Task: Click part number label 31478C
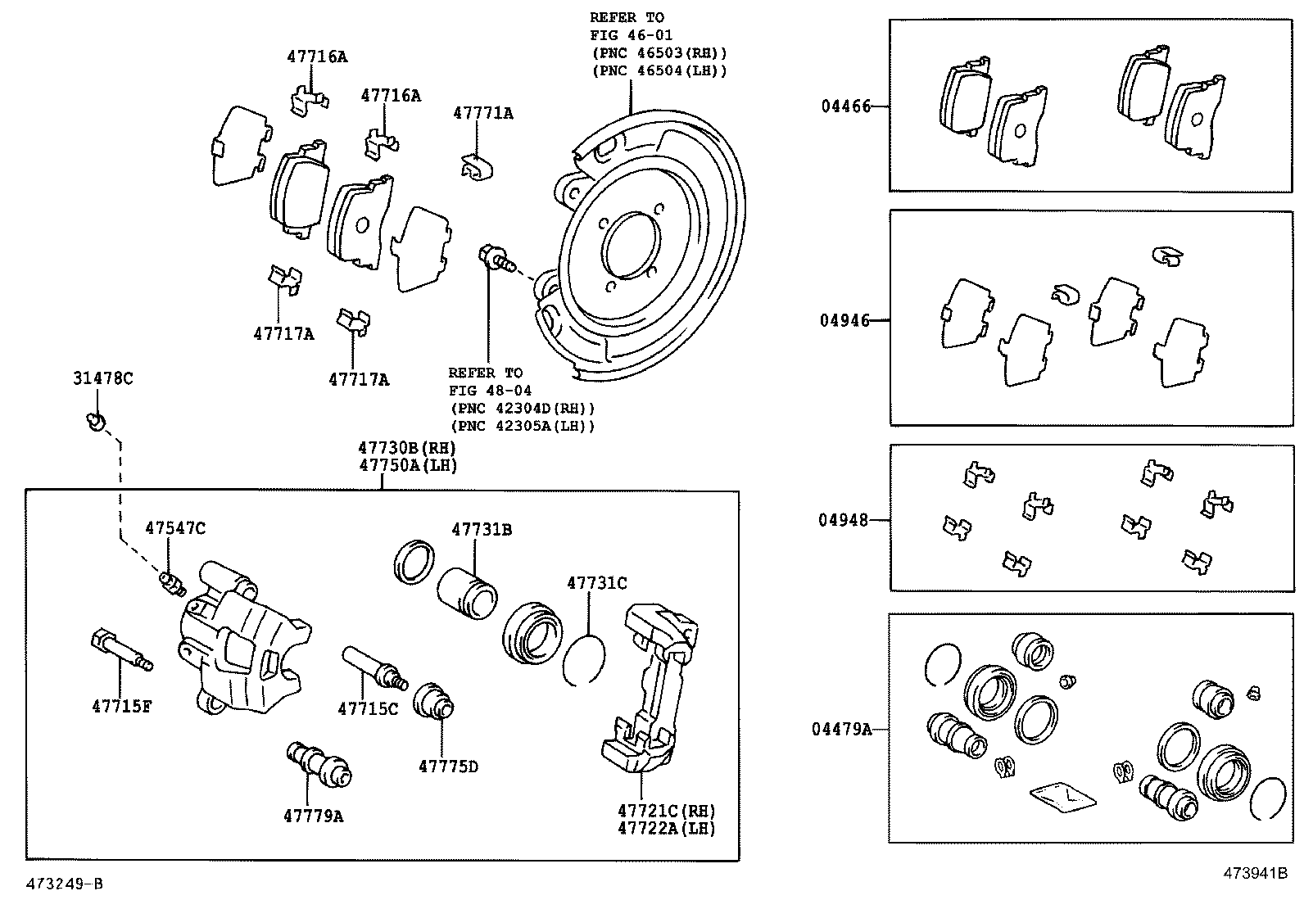102,378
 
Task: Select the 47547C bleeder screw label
175,528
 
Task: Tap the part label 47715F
121,706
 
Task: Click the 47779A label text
313,816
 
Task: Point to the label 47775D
448,767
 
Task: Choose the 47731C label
596,583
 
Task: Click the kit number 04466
846,106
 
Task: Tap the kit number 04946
844,320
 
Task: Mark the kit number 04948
843,520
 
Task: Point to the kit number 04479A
841,729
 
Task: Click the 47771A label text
482,114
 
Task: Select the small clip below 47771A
476,165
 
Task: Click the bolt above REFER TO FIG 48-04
495,258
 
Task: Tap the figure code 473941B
1256,873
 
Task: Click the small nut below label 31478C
96,423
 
